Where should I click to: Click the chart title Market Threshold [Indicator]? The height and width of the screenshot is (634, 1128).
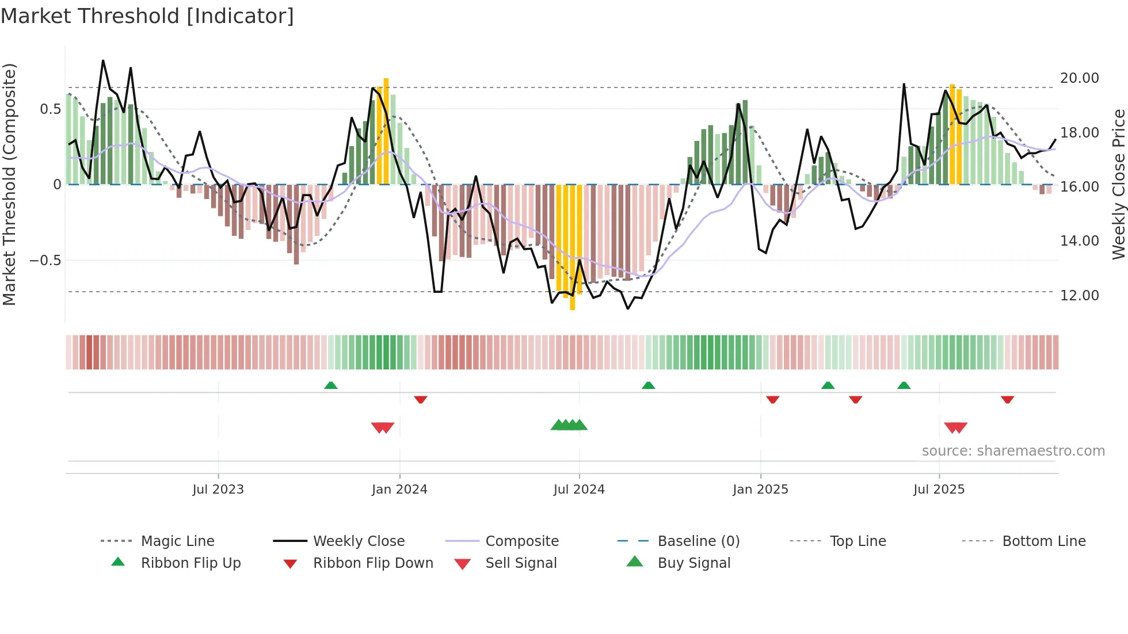pyautogui.click(x=147, y=16)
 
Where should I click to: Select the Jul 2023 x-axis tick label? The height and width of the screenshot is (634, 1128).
pyautogui.click(x=218, y=490)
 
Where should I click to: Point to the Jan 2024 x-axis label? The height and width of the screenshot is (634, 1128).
pyautogui.click(x=399, y=490)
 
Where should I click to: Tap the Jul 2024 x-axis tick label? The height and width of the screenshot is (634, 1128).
pyautogui.click(x=579, y=490)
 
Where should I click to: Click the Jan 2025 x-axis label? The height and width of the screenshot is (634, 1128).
pyautogui.click(x=760, y=490)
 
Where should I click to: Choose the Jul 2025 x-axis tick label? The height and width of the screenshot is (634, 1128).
pyautogui.click(x=939, y=490)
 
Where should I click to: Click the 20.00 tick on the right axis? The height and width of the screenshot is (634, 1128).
pyautogui.click(x=1079, y=78)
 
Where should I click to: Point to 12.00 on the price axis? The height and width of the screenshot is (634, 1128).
pyautogui.click(x=1079, y=296)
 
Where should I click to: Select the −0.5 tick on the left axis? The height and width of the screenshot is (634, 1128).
pyautogui.click(x=45, y=261)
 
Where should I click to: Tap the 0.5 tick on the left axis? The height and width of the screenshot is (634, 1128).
pyautogui.click(x=51, y=109)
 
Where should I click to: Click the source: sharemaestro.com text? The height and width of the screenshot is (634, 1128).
pyautogui.click(x=1013, y=451)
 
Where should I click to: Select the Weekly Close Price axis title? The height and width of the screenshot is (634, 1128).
pyautogui.click(x=1118, y=184)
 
